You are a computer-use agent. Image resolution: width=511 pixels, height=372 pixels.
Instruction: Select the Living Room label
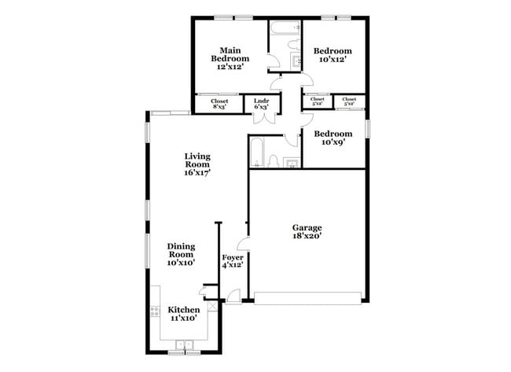[197, 164]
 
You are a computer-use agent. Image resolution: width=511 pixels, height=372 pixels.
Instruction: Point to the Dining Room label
[181, 254]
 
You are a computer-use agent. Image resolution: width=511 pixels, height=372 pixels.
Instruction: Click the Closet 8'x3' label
[219, 103]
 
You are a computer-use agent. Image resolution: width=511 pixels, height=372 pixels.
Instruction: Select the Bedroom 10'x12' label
[333, 55]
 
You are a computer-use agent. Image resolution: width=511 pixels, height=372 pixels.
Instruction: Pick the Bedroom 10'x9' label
[333, 138]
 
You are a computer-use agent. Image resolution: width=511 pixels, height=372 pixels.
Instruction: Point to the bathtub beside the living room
[256, 152]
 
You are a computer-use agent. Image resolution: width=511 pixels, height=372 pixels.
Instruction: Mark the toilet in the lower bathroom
[273, 162]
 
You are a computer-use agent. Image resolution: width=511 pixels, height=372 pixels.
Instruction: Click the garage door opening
[308, 298]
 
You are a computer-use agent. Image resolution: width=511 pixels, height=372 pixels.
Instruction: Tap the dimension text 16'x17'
[197, 172]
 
